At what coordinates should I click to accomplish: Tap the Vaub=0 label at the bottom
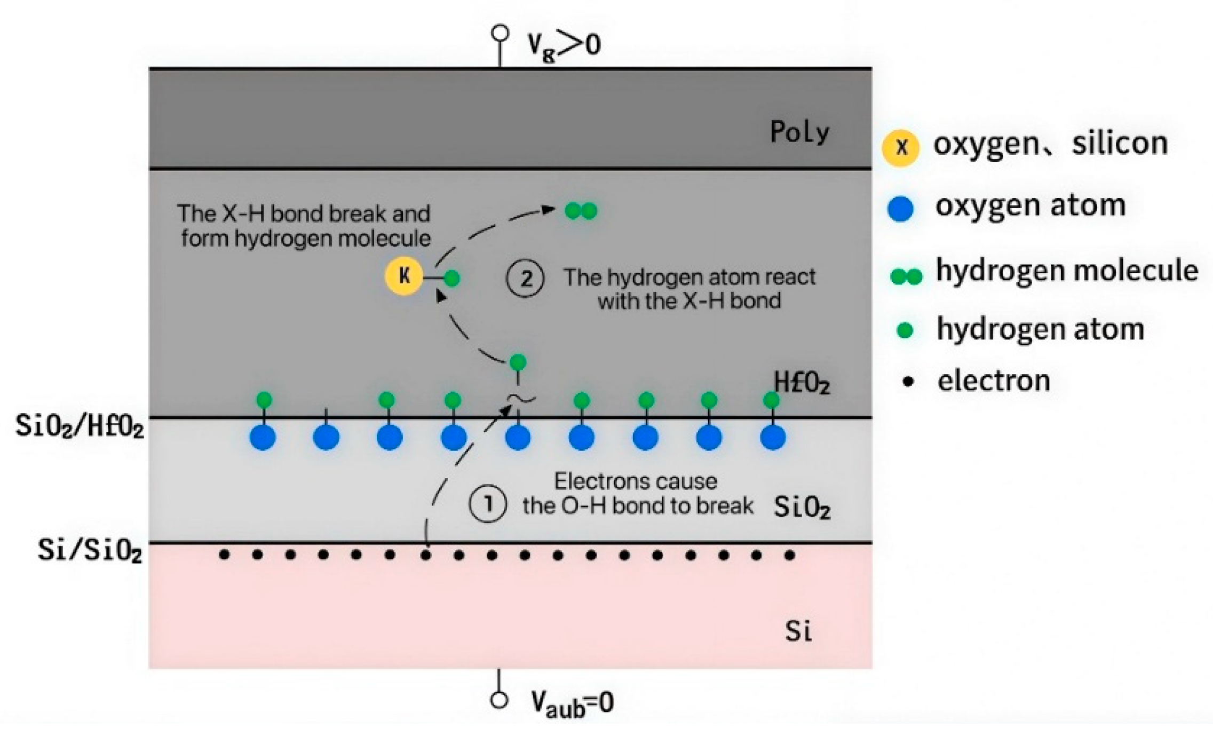pos(572,703)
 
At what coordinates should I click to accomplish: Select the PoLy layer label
pos(799,132)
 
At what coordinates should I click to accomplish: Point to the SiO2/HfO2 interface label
pos(80,428)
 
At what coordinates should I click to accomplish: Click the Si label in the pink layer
pos(798,631)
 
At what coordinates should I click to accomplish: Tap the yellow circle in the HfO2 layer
pos(404,276)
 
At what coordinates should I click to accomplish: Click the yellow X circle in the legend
pos(901,147)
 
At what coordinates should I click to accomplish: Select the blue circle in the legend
pos(901,208)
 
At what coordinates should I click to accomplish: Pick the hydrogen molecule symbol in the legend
pos(906,276)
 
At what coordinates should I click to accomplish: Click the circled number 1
pos(487,504)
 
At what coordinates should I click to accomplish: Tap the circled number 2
pos(525,279)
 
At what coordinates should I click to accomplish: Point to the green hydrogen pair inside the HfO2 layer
pos(581,211)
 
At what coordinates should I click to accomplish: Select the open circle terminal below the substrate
pos(498,700)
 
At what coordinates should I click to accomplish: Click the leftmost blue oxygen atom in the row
pos(263,438)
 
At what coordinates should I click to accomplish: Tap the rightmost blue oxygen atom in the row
pos(772,438)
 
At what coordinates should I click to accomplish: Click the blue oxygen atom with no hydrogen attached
pos(326,438)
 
